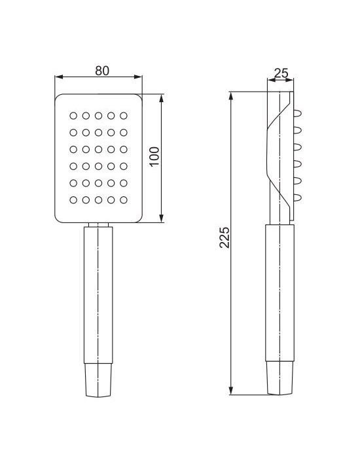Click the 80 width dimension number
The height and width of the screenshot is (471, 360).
point(102,71)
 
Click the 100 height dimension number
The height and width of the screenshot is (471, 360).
point(154,156)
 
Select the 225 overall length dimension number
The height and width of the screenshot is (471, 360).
point(224,237)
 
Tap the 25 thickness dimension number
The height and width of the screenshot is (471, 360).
point(281,73)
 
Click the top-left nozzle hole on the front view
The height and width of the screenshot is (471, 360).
point(73,116)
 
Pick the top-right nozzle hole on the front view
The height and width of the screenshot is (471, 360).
point(124,116)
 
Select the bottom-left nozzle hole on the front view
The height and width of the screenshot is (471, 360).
point(73,200)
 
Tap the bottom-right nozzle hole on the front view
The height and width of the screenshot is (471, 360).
point(124,200)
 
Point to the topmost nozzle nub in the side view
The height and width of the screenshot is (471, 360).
point(298,114)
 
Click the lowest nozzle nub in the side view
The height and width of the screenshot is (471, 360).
point(298,198)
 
